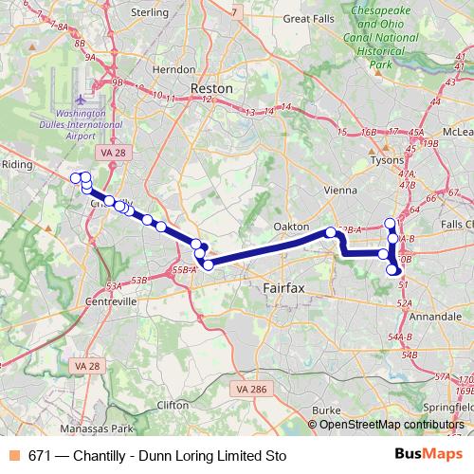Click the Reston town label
(x=211, y=87)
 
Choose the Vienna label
(x=340, y=189)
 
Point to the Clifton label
(x=173, y=404)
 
